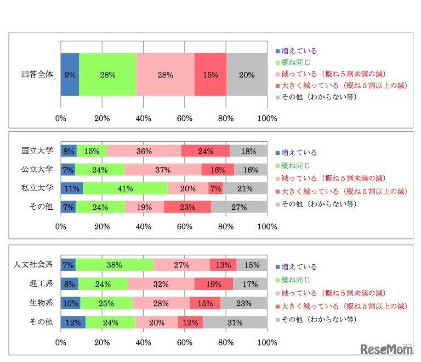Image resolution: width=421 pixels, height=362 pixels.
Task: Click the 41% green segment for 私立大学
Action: [125, 188]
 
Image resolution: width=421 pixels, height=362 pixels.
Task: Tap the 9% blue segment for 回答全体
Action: [70, 75]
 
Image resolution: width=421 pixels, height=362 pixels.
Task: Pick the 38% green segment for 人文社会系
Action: [115, 265]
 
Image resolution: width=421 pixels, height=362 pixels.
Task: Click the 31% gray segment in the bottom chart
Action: [235, 322]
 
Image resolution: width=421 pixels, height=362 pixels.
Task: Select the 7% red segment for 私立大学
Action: [215, 188]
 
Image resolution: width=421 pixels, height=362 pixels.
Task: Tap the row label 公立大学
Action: [37, 169]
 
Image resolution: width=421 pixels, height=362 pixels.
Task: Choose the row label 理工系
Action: [40, 284]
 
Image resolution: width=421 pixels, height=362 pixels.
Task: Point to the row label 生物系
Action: [40, 303]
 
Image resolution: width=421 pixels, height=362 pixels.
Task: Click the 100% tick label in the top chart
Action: [268, 119]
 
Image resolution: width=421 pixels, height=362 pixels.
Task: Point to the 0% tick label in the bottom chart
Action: [61, 342]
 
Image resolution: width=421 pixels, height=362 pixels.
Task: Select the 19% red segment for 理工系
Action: [214, 284]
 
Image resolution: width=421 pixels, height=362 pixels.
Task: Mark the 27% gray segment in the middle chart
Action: [239, 207]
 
